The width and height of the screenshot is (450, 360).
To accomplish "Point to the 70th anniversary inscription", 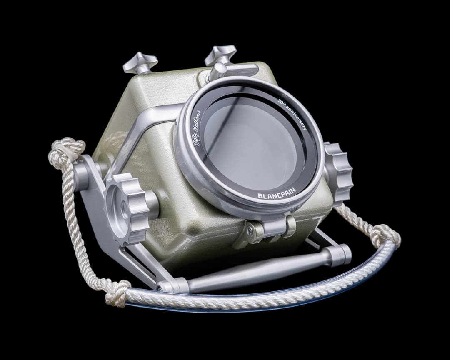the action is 293,114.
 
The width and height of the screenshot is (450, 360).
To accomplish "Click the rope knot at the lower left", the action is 117,293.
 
